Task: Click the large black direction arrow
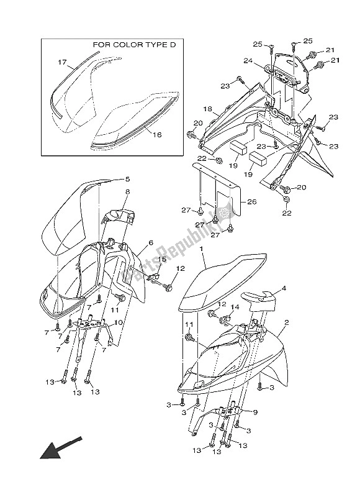coord(60,448)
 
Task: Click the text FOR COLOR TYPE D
coord(134,45)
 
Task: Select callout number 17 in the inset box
coord(62,62)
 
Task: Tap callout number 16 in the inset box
coord(157,135)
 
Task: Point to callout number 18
coord(208,109)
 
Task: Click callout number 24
coord(248,60)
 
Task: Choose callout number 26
coord(252,201)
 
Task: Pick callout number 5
coord(127,179)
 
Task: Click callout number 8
coord(127,192)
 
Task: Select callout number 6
coord(151,243)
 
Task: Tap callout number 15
coord(162,259)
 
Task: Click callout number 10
coord(118,322)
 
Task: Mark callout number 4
coord(284,288)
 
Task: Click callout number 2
coord(287,322)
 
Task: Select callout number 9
coord(255,413)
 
